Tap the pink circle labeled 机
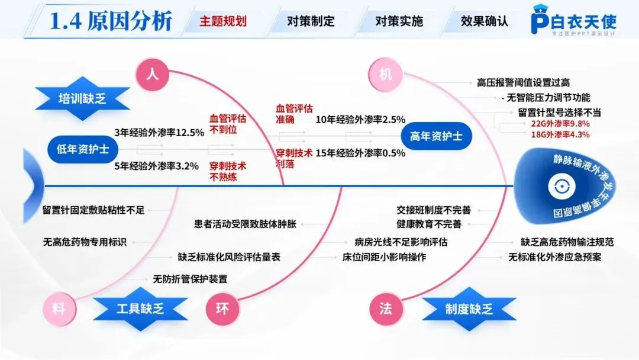coord(386,74)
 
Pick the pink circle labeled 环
coord(222,308)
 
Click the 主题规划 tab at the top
coord(223,21)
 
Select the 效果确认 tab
coord(485,21)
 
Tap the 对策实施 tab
coord(399,21)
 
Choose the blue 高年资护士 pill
coord(436,136)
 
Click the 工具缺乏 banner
coord(140,308)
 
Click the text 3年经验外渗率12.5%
coord(159,133)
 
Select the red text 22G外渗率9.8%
coord(556,124)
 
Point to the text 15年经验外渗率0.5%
coord(360,153)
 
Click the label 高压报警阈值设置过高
coord(523,83)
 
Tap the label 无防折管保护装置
coord(190,278)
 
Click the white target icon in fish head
coord(557,187)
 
